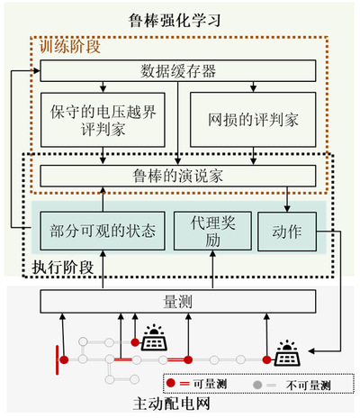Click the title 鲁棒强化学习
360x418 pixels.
coord(175,20)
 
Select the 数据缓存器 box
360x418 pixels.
coord(178,71)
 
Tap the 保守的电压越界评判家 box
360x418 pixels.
coord(103,120)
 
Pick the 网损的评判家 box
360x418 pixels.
coord(253,120)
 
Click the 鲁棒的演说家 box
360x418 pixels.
coord(178,176)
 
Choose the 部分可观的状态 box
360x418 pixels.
coord(103,231)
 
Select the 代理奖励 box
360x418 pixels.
coord(212,231)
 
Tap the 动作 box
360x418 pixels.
coord(287,232)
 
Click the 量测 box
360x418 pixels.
coord(178,301)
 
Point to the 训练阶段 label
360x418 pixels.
coord(69,47)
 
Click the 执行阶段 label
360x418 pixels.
coord(63,267)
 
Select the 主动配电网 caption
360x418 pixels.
coord(172,404)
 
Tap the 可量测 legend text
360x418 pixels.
coord(210,384)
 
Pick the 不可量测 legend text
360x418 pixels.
coord(308,385)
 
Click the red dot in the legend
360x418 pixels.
coord(171,383)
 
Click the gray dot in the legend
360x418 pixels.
coord(257,385)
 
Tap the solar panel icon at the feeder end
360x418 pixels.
coord(287,353)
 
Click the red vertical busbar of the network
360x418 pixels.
coord(57,360)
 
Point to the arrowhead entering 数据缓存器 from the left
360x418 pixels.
coord(37,71)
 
